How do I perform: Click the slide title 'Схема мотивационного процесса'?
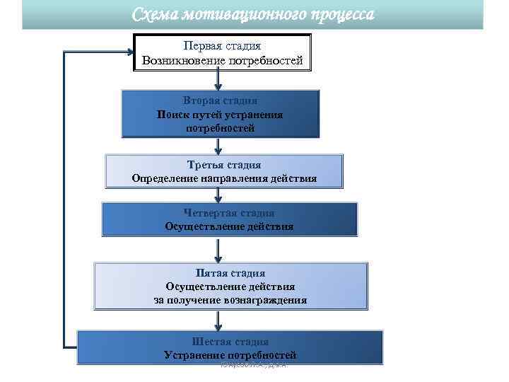pos(254,14)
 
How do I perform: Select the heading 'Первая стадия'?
pos(222,46)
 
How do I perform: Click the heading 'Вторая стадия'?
pos(220,101)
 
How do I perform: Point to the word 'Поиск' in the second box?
pos(171,115)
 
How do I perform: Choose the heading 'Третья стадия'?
pos(223,165)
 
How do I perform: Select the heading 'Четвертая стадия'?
pos(229,213)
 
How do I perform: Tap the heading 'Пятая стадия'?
pos(230,273)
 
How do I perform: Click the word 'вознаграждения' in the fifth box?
pos(266,300)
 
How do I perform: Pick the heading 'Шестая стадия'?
pos(230,341)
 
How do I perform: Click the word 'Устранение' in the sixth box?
pos(192,354)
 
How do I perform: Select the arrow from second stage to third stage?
pos(218,146)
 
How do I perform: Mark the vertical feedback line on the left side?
pos(64,198)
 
